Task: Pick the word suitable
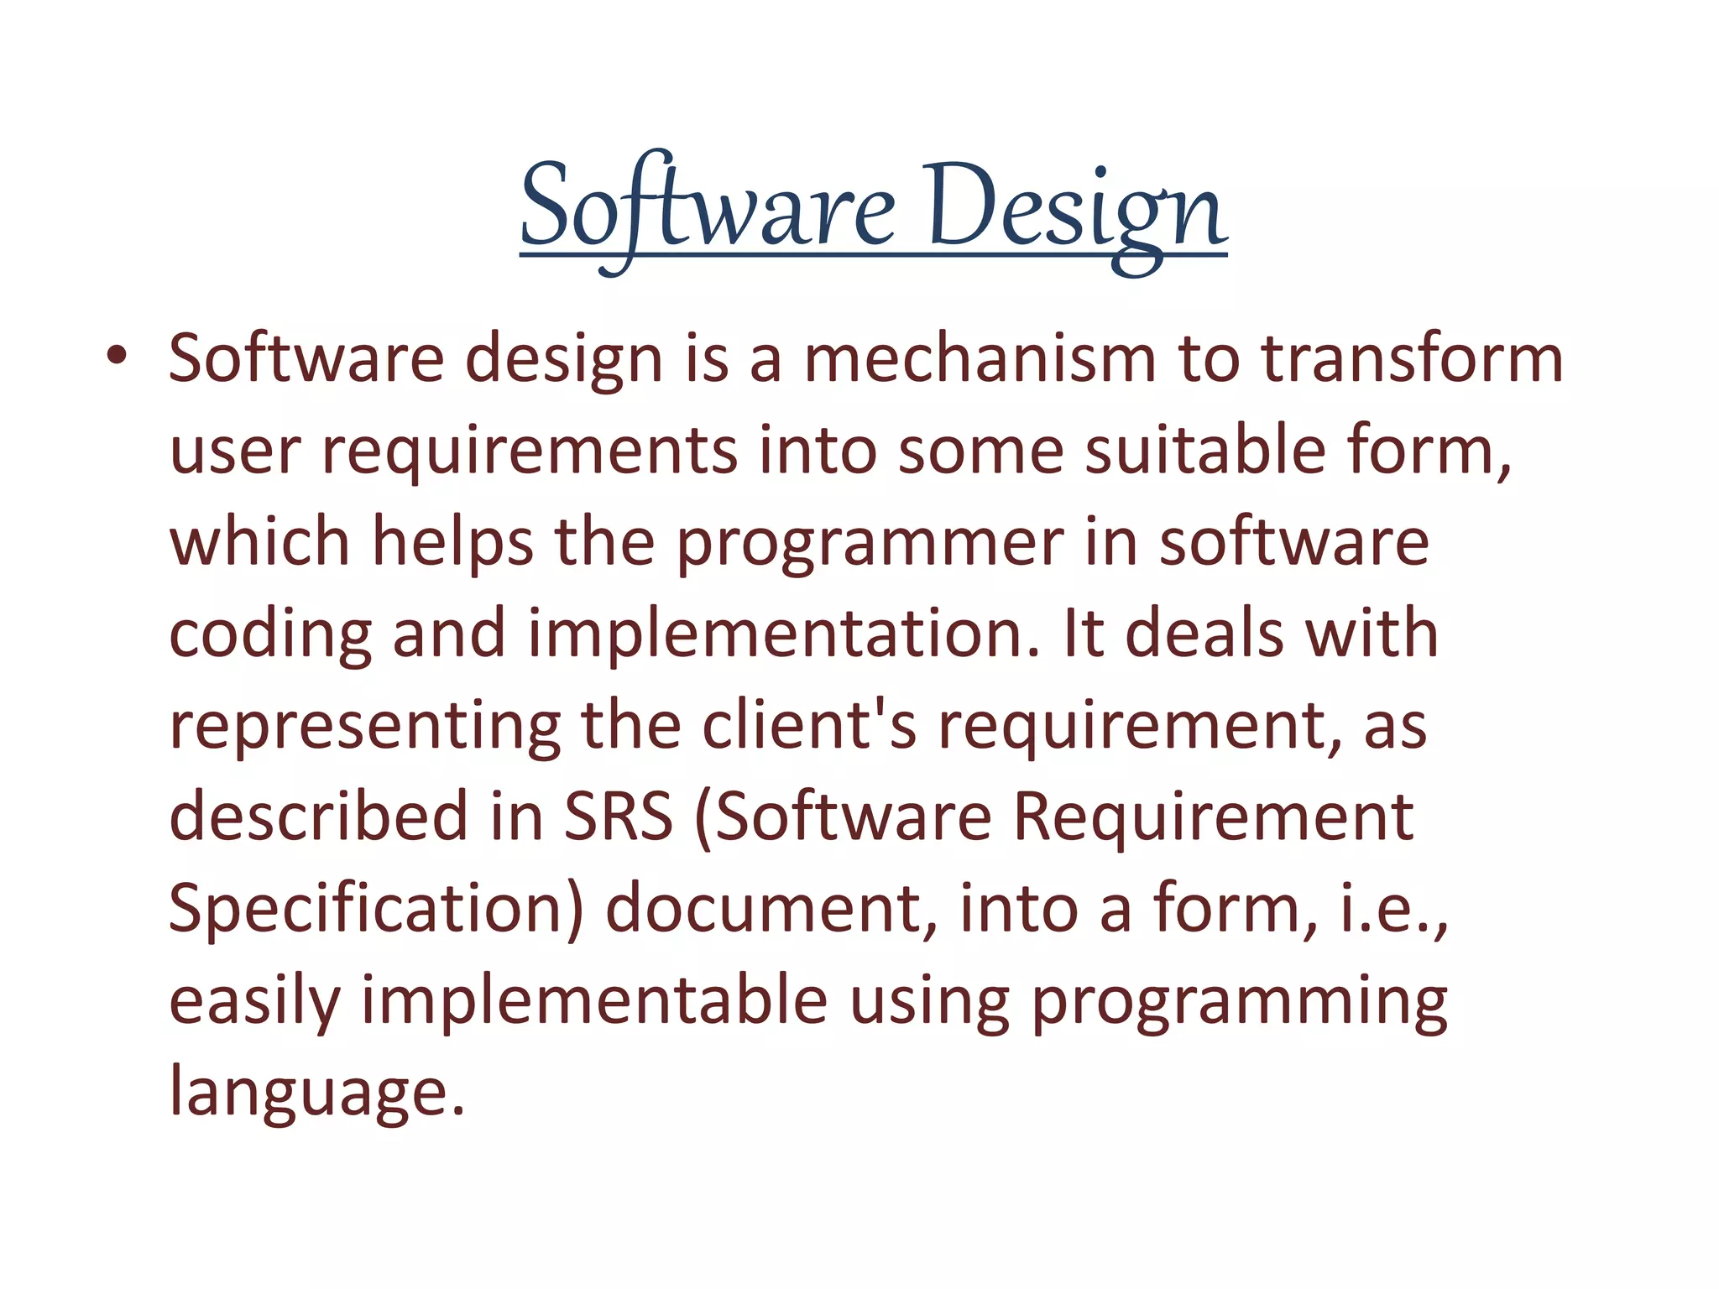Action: pyautogui.click(x=1205, y=451)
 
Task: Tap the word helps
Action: pyautogui.click(x=452, y=544)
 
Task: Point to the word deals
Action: pyautogui.click(x=1204, y=634)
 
